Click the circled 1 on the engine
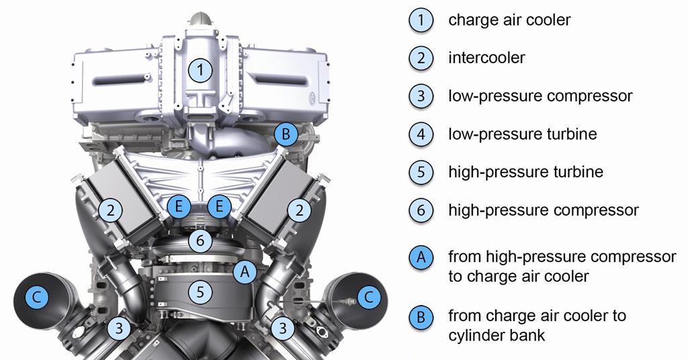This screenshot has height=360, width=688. point(200,69)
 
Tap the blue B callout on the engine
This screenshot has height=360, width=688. point(286,134)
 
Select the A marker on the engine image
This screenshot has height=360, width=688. point(246,272)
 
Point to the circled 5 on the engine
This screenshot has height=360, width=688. point(200,291)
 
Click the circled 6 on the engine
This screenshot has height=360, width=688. point(200,239)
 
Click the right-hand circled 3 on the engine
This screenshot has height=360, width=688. point(283,328)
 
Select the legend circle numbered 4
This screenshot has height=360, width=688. point(421,134)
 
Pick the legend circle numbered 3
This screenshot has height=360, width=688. point(421,96)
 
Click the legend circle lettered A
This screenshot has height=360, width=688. point(421,257)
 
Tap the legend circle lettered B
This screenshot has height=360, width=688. point(421,316)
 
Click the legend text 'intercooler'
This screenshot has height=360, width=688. point(486,58)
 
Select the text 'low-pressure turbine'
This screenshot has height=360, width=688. point(522,134)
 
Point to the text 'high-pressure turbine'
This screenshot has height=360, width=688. point(525,172)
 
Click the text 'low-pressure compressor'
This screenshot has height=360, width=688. point(540,96)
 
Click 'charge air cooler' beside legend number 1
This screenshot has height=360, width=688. point(509,19)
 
